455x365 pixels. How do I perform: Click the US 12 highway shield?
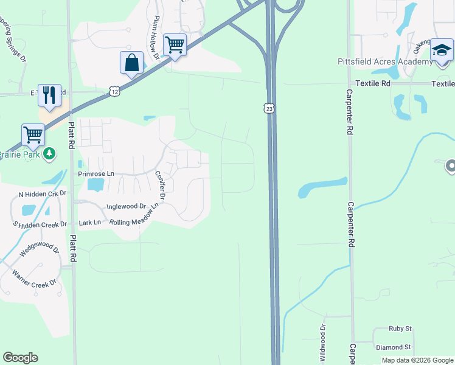coord(115,91)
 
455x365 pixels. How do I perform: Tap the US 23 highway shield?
coord(269,108)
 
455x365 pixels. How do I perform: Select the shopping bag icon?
coord(131,63)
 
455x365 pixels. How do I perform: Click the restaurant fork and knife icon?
coord(49,96)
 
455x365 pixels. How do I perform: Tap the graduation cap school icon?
coord(442,50)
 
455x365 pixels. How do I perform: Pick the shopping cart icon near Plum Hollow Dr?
coord(175,44)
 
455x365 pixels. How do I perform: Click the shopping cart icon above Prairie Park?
coord(33,135)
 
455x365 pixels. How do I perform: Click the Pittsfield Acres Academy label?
coord(377,61)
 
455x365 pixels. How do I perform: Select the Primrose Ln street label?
coord(96,173)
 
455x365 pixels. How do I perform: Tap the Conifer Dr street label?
coord(161,184)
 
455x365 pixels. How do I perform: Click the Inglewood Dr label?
coord(127,207)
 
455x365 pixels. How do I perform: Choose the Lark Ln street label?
coord(89,223)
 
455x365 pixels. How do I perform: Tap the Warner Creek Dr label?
coord(34,276)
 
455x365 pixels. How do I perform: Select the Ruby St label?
coord(400,328)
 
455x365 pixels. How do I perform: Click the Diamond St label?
coord(394,347)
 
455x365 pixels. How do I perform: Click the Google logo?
coord(20,358)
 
